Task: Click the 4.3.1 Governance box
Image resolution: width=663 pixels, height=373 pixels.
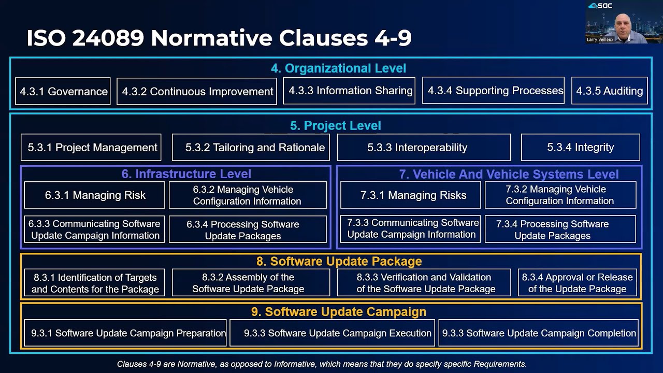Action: click(63, 91)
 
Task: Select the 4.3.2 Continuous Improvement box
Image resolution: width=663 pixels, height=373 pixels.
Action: click(197, 91)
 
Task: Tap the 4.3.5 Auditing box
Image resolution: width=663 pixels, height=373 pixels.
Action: click(609, 91)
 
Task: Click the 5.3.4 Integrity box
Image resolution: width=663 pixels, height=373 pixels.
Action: click(580, 147)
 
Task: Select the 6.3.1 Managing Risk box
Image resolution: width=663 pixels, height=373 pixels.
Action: click(94, 195)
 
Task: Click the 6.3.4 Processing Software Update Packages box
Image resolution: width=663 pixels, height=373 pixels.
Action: click(248, 229)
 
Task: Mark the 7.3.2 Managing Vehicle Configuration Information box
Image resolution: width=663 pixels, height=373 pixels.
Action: click(560, 195)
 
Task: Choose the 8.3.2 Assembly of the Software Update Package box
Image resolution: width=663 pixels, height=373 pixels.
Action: click(251, 283)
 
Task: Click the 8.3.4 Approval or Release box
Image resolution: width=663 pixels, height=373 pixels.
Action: click(578, 283)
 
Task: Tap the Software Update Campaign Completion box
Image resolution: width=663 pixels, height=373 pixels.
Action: click(538, 333)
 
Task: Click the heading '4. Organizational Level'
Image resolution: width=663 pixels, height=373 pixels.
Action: click(338, 68)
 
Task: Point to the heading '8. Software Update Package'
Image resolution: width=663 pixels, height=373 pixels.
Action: click(339, 261)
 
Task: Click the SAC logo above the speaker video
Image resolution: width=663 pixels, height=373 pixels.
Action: click(600, 6)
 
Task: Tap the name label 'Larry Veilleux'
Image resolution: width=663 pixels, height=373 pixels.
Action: click(600, 39)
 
